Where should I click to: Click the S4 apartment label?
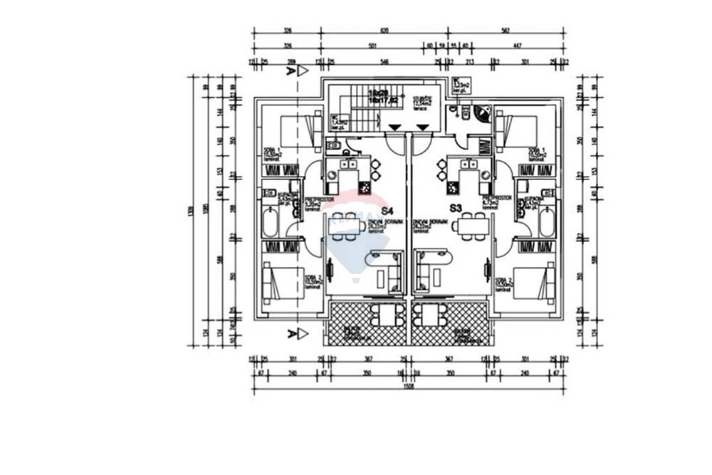coord(387,211)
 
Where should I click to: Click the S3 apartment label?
coord(456,208)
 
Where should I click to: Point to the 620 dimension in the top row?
coord(384,31)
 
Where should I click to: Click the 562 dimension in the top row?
coord(506,31)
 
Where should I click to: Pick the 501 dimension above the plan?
coord(371,46)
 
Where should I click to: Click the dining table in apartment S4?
coord(347,226)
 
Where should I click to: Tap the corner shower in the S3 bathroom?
coord(482,114)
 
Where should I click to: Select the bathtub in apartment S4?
coord(271,223)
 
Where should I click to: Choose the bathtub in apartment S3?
coord(546,223)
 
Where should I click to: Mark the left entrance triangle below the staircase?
coord(393,127)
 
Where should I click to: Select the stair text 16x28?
coord(377,93)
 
